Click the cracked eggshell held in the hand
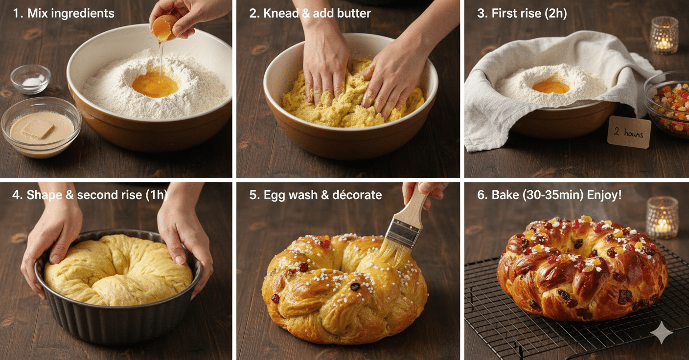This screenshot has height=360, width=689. [x=163, y=27]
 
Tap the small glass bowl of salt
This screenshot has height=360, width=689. [x=30, y=80]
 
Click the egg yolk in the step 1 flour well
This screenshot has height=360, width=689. [x=155, y=85]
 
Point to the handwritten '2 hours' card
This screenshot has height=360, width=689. [x=629, y=132]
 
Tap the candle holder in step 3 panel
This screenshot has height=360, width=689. [x=664, y=35]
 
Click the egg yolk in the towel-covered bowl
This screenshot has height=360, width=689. [x=551, y=87]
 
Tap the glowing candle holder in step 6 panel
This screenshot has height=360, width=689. [x=662, y=217]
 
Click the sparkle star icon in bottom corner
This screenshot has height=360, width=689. [x=661, y=333]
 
